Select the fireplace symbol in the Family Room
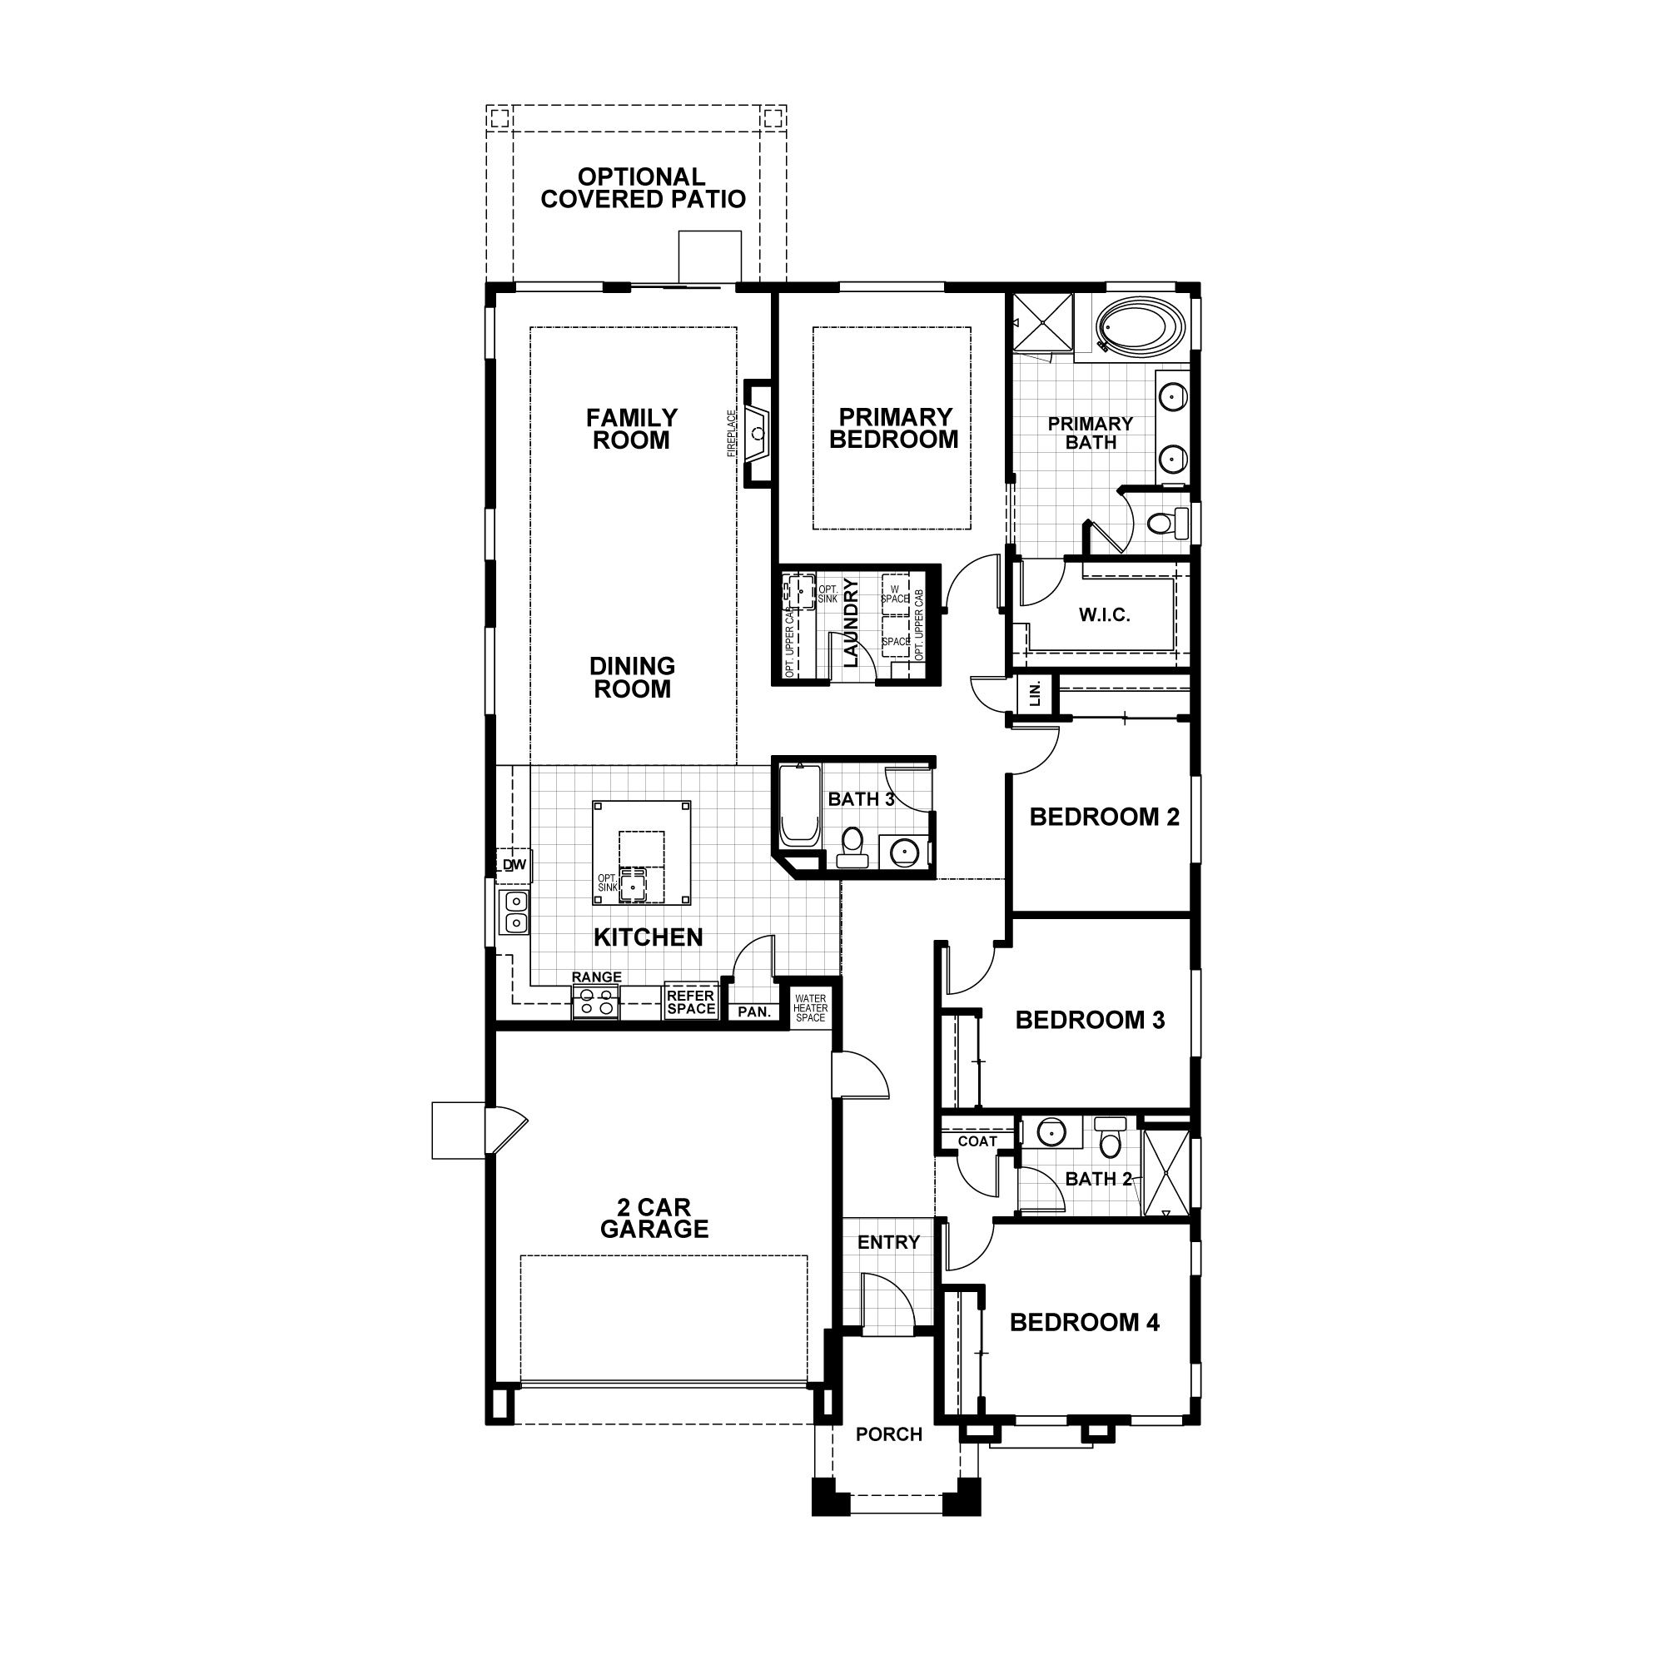click(758, 434)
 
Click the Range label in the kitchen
click(596, 977)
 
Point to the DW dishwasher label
click(514, 864)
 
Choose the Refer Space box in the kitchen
click(690, 1002)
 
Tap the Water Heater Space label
click(810, 1008)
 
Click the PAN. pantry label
click(754, 1011)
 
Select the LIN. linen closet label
click(1036, 692)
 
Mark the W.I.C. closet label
click(1104, 614)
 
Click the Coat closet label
click(977, 1141)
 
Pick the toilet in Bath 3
click(852, 847)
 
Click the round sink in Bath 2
click(1051, 1131)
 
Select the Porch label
click(888, 1434)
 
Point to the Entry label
click(888, 1242)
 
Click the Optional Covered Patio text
click(643, 188)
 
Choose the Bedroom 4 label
click(1084, 1322)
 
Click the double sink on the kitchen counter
click(515, 912)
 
